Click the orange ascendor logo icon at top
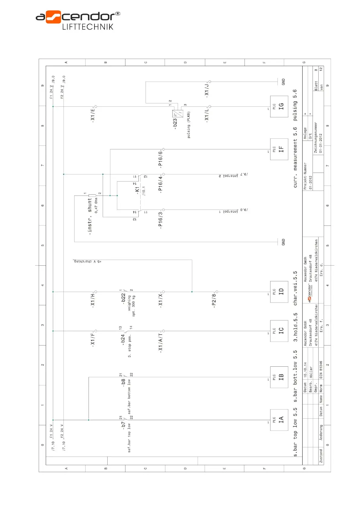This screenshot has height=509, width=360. pos(53,17)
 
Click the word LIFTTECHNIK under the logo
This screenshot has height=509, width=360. pos(88,27)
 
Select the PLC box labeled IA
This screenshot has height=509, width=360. pos(279,420)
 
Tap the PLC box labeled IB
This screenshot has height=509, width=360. pos(279,377)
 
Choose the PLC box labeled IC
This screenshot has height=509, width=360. pos(279,331)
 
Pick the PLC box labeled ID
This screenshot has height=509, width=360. pos(279,292)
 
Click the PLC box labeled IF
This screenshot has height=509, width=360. pos(279,149)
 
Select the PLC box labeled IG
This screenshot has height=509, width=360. pos(279,106)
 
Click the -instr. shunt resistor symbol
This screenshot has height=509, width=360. pos(92,196)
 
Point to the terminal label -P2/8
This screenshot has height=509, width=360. pos(214,300)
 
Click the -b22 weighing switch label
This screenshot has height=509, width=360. pos(123,298)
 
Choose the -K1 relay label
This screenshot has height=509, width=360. pos(138,190)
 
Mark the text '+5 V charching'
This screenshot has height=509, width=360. pos(88,261)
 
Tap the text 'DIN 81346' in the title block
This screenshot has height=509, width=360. pos(321,370)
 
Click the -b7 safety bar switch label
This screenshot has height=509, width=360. pos(123,425)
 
